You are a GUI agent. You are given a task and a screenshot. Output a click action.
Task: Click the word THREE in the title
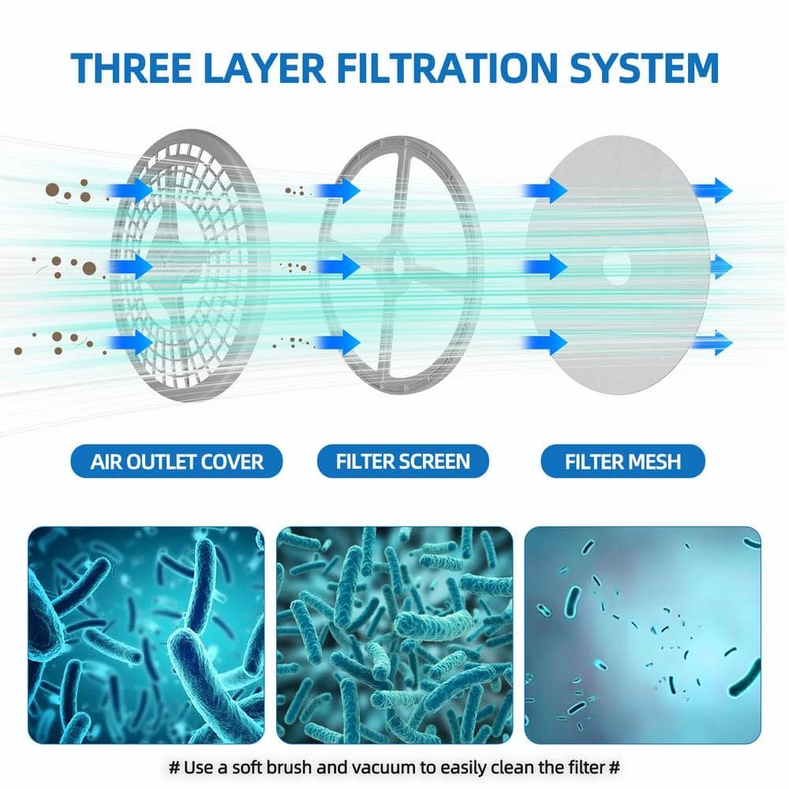point(131,67)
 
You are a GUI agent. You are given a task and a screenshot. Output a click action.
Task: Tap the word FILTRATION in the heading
point(448,67)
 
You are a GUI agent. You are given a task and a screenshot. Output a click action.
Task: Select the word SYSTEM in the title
point(645,67)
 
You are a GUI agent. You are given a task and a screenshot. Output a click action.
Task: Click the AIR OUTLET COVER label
point(177,461)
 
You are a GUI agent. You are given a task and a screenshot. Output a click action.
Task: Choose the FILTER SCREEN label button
point(403,461)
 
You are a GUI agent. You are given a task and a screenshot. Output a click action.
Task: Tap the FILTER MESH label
point(623,461)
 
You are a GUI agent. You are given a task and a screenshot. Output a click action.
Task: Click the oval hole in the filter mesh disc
point(616,267)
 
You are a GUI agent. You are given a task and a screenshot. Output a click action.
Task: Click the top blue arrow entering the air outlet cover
point(130,191)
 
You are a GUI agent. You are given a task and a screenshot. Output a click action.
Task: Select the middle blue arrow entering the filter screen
point(338,266)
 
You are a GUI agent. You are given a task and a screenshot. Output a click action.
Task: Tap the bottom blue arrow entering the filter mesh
point(545,342)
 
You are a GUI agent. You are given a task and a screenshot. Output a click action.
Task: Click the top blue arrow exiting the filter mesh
point(711,191)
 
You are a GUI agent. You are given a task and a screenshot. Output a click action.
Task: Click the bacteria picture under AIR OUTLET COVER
point(147,635)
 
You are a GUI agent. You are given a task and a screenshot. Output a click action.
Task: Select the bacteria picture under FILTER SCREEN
point(394,635)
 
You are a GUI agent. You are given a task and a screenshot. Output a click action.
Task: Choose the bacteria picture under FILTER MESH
point(642,635)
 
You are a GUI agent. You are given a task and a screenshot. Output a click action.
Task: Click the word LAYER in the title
point(264,67)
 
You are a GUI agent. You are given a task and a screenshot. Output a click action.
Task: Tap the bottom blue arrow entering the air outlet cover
point(130,342)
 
